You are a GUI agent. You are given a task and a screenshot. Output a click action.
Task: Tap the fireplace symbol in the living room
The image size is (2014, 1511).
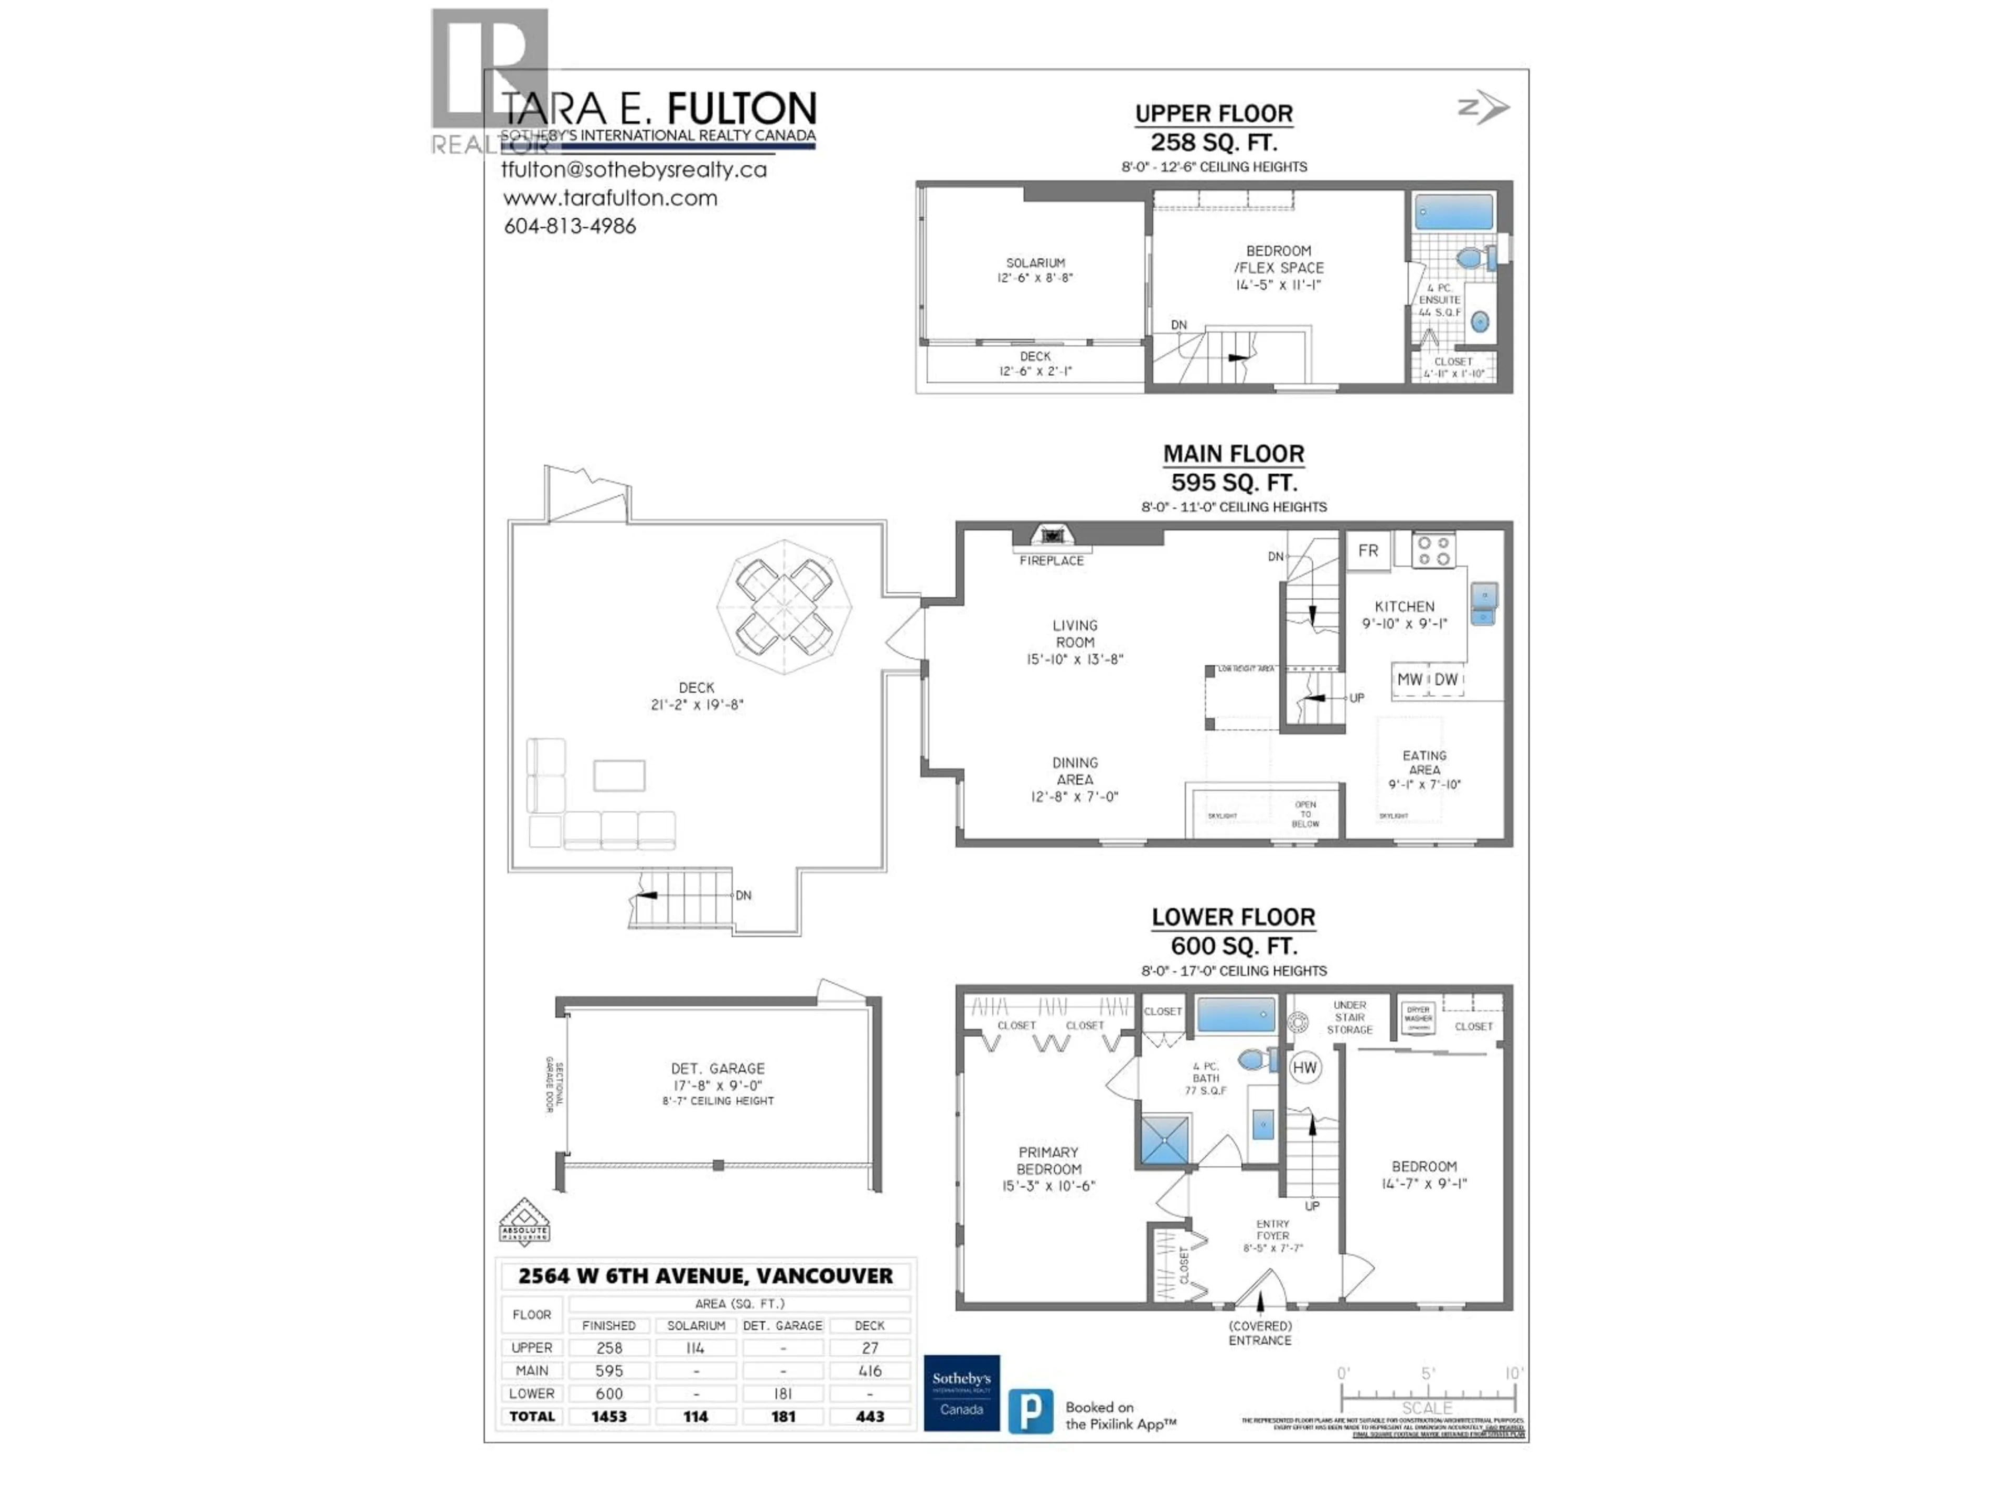pos(1052,536)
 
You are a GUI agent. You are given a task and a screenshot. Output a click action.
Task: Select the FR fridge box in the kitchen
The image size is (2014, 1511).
pos(1367,551)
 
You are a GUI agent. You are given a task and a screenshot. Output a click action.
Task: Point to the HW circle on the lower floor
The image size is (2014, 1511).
pos(1305,1068)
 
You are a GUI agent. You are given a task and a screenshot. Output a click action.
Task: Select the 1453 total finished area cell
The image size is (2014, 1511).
pos(609,1416)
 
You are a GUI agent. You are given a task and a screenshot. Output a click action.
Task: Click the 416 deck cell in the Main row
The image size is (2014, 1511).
pos(870,1371)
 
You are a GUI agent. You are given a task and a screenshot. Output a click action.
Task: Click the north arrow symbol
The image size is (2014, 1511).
pos(1484,108)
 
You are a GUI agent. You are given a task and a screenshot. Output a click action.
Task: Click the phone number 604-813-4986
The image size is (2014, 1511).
pos(570,226)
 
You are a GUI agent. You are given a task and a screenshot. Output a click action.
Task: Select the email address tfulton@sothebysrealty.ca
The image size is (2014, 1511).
pos(634,169)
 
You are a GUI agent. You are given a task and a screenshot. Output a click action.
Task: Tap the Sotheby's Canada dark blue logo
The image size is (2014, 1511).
pos(961,1392)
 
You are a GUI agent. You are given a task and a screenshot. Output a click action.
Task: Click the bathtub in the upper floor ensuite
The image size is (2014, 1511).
pos(1454,212)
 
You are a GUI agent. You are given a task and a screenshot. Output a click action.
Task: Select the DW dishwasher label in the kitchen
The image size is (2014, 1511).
pos(1447,679)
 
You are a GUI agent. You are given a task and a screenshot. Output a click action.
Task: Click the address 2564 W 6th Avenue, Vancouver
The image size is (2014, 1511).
pos(705,1276)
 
